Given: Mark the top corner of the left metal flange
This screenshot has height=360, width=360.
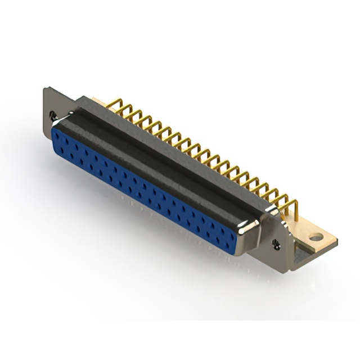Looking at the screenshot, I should coord(47,87).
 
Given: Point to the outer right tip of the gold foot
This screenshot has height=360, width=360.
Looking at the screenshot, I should coord(336,240).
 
